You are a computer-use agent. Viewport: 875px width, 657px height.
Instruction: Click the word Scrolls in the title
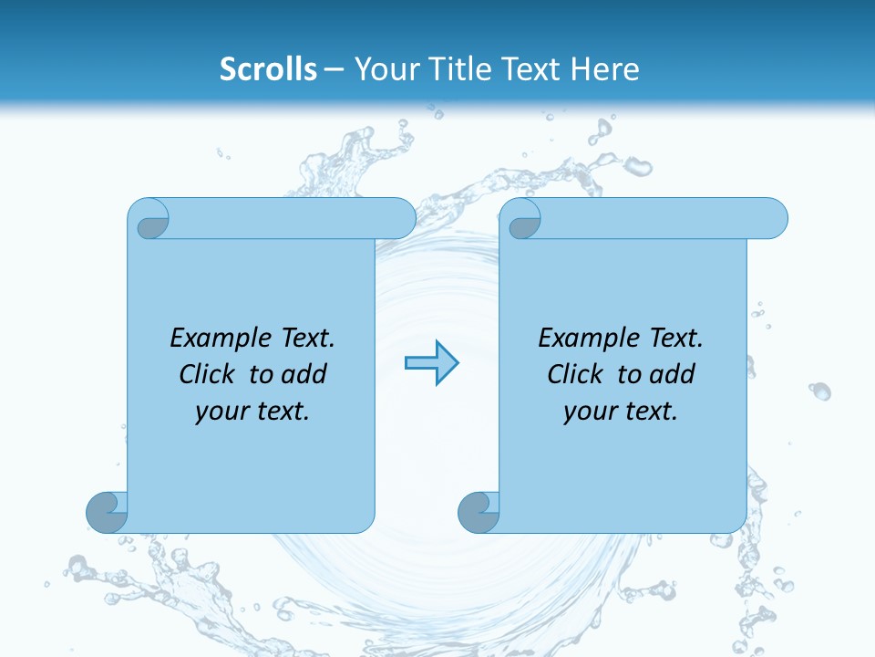click(x=269, y=69)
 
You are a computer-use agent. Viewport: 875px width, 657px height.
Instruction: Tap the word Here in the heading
click(x=605, y=69)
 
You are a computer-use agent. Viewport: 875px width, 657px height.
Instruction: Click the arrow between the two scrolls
click(x=431, y=363)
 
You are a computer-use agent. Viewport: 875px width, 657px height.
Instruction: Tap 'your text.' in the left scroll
click(x=252, y=412)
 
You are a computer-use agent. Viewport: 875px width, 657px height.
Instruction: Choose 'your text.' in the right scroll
click(x=621, y=412)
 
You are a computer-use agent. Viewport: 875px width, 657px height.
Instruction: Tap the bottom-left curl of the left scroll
click(x=107, y=512)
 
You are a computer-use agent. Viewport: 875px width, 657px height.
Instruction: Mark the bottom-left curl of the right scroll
click(x=479, y=512)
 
